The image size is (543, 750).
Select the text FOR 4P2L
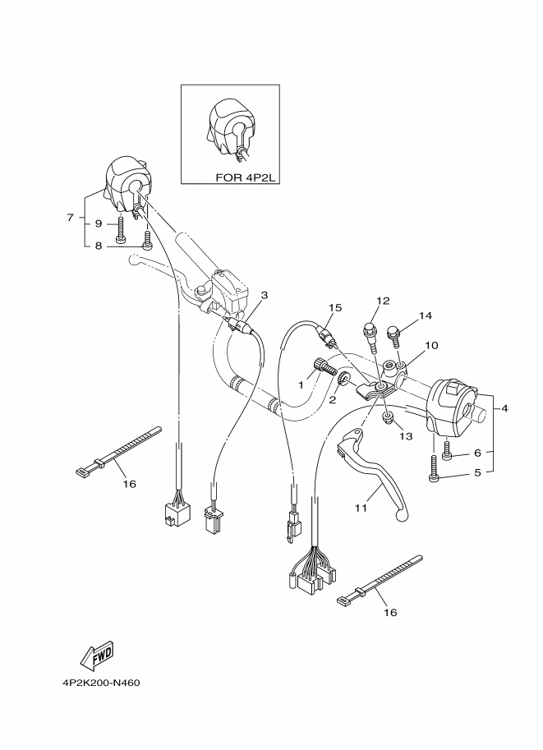pyautogui.click(x=244, y=176)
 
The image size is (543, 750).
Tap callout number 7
pyautogui.click(x=70, y=218)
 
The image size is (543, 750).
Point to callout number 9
pyautogui.click(x=98, y=223)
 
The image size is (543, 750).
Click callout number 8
pyautogui.click(x=98, y=244)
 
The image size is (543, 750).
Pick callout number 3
pyautogui.click(x=265, y=294)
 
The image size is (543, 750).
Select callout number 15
pyautogui.click(x=334, y=307)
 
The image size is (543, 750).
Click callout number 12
pyautogui.click(x=384, y=301)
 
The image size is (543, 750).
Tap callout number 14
pyautogui.click(x=425, y=315)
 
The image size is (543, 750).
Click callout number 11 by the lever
pyautogui.click(x=360, y=509)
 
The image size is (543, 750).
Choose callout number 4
pyautogui.click(x=504, y=408)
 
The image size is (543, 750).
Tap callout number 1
pyautogui.click(x=301, y=384)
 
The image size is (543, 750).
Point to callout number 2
pyautogui.click(x=334, y=400)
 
